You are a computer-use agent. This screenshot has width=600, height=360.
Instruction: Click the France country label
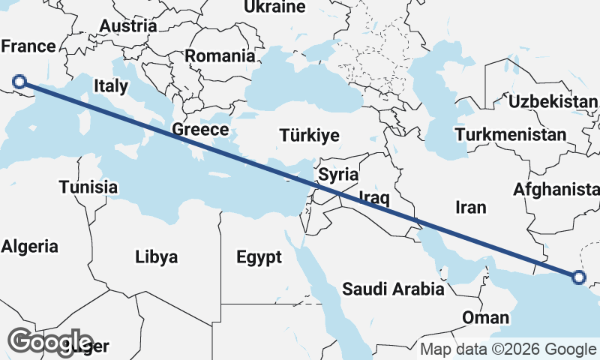pos(28,46)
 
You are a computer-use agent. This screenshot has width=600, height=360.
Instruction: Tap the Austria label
pos(128,25)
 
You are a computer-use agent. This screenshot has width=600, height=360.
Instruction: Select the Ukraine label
pos(275,7)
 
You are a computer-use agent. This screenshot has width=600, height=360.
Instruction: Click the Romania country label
pos(220,55)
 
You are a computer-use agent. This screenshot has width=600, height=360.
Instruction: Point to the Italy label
pos(111,86)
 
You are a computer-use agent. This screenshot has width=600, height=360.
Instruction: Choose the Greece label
pos(200,130)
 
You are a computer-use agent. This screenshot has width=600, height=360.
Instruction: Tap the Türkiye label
pos(309,136)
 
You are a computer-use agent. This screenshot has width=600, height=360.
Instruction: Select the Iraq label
pos(373,198)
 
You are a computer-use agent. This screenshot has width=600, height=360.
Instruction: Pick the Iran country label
pos(471,207)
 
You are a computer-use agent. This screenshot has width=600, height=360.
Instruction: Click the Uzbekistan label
pos(553,101)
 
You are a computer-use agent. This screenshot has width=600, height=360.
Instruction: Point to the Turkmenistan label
pos(511,135)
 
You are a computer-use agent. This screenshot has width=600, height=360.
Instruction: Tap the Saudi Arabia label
pos(394,289)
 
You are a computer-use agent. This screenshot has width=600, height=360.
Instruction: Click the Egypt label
pos(259,258)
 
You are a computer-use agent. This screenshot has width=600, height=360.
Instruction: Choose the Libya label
pos(157,257)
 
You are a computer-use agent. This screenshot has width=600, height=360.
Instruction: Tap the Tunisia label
pos(88,187)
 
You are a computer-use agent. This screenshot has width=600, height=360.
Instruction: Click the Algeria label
pos(30,246)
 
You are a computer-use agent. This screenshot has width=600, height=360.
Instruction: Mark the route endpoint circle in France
pos(20,82)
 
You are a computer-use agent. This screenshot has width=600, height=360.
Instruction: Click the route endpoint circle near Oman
pos(578,277)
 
